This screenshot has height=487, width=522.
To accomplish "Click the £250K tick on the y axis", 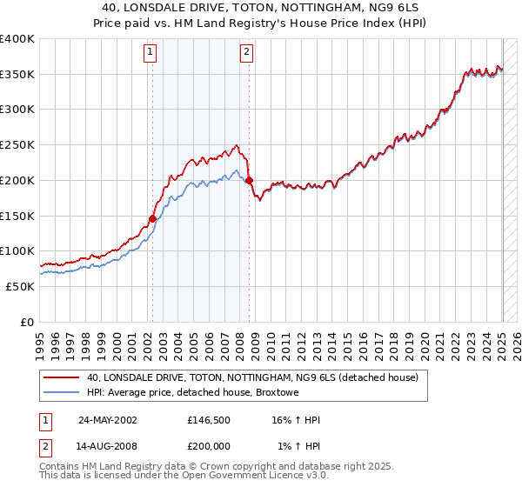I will tap(17, 144).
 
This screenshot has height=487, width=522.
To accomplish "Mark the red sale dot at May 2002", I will tap(152, 218).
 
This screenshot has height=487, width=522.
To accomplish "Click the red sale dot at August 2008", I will tap(249, 181).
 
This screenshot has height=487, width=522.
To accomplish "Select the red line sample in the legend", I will tap(63, 377).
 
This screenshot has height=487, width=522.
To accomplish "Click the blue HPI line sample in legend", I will tap(63, 393).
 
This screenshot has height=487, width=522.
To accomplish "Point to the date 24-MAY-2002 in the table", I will tap(108, 419).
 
